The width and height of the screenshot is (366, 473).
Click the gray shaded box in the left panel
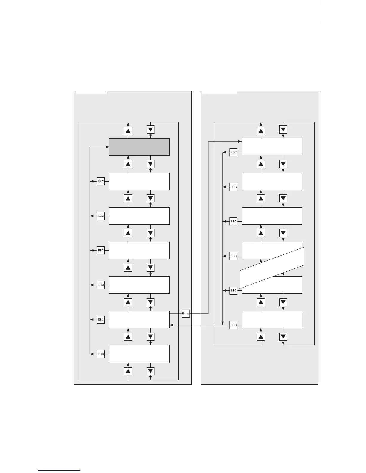[139, 147]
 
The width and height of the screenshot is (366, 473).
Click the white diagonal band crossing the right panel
[272, 268]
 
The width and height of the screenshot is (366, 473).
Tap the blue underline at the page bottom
[59, 470]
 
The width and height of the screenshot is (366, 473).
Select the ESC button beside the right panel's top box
[234, 152]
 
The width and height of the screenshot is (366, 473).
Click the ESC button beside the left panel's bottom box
[101, 354]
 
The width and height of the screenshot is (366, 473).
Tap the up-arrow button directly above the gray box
[128, 130]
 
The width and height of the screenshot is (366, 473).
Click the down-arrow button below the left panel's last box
[150, 371]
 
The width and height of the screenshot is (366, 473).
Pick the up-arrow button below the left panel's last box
[128, 371]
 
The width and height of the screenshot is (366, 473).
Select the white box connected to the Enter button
[139, 320]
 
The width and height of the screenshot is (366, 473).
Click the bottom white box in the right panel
[272, 320]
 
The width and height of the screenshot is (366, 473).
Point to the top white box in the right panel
[272, 147]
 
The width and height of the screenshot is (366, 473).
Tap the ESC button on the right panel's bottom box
[234, 325]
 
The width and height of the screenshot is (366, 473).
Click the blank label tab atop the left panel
[91, 92]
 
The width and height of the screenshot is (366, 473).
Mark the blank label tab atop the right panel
[219, 92]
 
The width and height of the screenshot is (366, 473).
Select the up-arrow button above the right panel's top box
[261, 130]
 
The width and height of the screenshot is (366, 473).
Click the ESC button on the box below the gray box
[101, 181]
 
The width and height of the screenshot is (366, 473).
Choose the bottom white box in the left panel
[139, 354]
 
